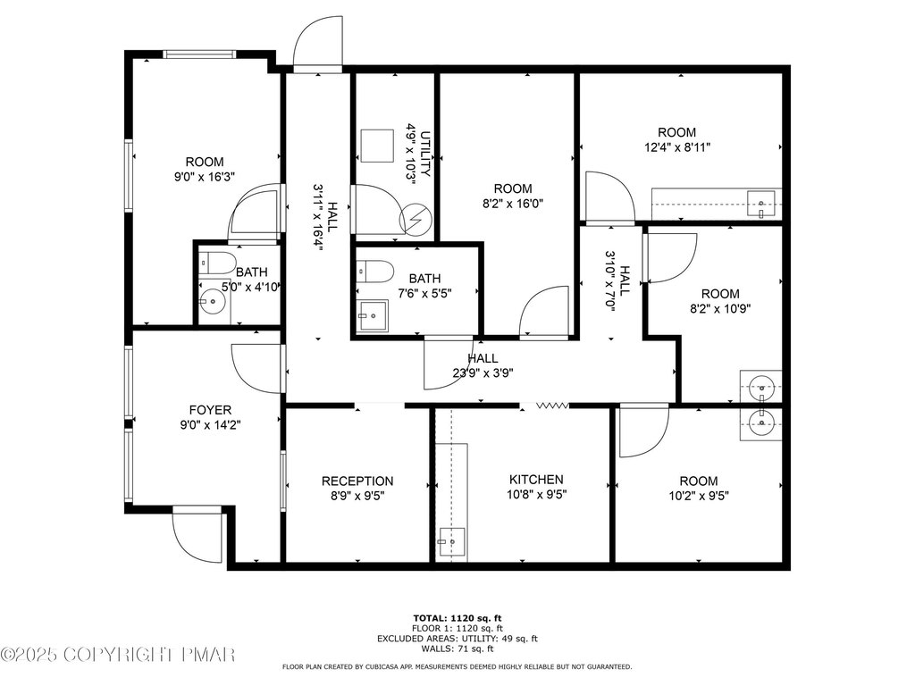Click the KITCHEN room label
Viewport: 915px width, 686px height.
point(536,480)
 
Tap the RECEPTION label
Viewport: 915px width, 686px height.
point(357,481)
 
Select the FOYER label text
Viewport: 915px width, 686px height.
point(210,410)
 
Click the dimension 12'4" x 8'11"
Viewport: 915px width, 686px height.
point(677,147)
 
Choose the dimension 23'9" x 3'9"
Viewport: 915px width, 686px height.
point(483,372)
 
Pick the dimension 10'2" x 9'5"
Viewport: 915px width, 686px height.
point(699,496)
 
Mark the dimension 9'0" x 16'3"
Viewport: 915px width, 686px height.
point(205,177)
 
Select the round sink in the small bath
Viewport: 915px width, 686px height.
point(212,302)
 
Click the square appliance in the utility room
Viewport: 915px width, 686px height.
point(378,146)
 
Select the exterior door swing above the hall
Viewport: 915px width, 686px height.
point(317,44)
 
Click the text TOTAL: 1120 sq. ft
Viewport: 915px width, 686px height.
point(457,618)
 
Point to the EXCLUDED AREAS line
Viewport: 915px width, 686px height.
point(457,639)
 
